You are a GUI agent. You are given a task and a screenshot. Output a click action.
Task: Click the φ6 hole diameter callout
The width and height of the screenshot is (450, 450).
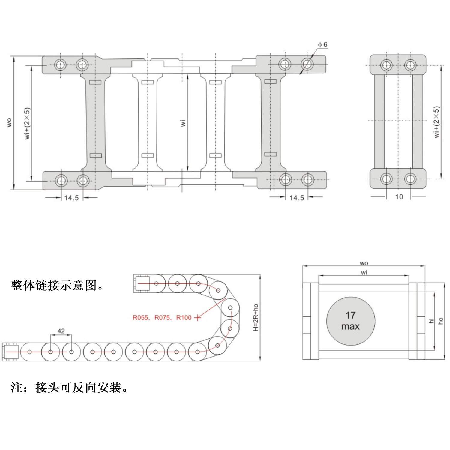tap(323, 45)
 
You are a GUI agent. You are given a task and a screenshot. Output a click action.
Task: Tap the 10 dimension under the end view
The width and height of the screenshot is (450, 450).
tap(399, 197)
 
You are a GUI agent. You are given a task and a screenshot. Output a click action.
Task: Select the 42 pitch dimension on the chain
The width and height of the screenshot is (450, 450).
tap(61, 331)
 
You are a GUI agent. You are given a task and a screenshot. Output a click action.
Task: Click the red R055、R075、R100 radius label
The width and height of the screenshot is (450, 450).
tap(162, 318)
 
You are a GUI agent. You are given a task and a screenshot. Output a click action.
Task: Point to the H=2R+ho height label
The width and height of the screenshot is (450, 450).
tap(256, 317)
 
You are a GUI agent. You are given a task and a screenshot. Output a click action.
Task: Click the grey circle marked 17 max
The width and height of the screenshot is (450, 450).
tap(350, 321)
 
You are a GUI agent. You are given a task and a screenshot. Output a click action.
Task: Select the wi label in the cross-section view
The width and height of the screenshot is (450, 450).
tap(364, 273)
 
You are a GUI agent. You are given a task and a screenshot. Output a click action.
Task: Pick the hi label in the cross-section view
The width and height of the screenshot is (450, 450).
tap(431, 321)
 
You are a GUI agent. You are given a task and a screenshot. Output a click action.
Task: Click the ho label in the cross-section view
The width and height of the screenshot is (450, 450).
tap(440, 321)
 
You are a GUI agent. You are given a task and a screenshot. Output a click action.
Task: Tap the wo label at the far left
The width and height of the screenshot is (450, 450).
tap(9, 122)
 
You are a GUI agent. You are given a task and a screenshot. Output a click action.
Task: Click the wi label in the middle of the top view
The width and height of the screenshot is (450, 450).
tap(183, 123)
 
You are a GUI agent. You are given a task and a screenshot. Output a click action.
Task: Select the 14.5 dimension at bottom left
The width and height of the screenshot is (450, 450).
tap(71, 198)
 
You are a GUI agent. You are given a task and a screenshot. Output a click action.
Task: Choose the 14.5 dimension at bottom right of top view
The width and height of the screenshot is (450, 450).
tap(297, 198)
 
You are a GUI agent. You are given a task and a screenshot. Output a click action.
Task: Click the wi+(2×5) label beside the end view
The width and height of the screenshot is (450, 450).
tap(437, 122)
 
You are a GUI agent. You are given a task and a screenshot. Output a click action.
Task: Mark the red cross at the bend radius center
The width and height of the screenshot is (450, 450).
tap(198, 318)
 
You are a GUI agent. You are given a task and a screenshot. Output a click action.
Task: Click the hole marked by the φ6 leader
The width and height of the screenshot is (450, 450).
tap(307, 64)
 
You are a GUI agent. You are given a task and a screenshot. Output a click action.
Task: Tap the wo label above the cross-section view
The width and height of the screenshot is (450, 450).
tap(364, 263)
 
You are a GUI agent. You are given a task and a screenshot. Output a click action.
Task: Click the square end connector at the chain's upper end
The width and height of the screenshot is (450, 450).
tap(142, 283)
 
